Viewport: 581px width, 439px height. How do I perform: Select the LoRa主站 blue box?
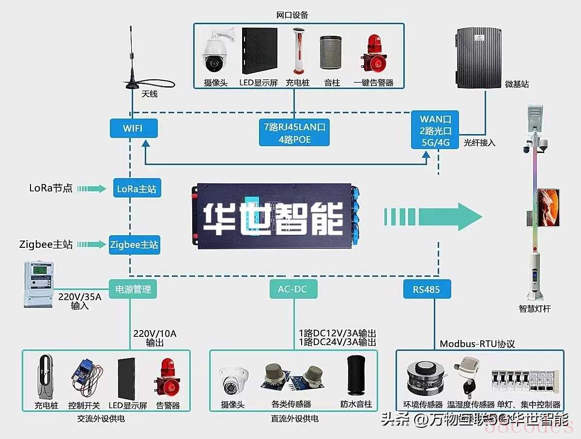pyautogui.click(x=137, y=189)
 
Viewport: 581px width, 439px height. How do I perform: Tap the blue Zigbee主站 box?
pyautogui.click(x=134, y=245)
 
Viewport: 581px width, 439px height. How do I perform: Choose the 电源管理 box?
pyautogui.click(x=133, y=289)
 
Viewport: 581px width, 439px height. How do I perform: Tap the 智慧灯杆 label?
pyautogui.click(x=535, y=309)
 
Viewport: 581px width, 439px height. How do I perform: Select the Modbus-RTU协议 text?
pyautogui.click(x=477, y=344)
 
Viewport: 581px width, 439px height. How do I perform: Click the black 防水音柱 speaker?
pyautogui.click(x=356, y=376)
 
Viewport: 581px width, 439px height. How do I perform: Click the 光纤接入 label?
pyautogui.click(x=480, y=143)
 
